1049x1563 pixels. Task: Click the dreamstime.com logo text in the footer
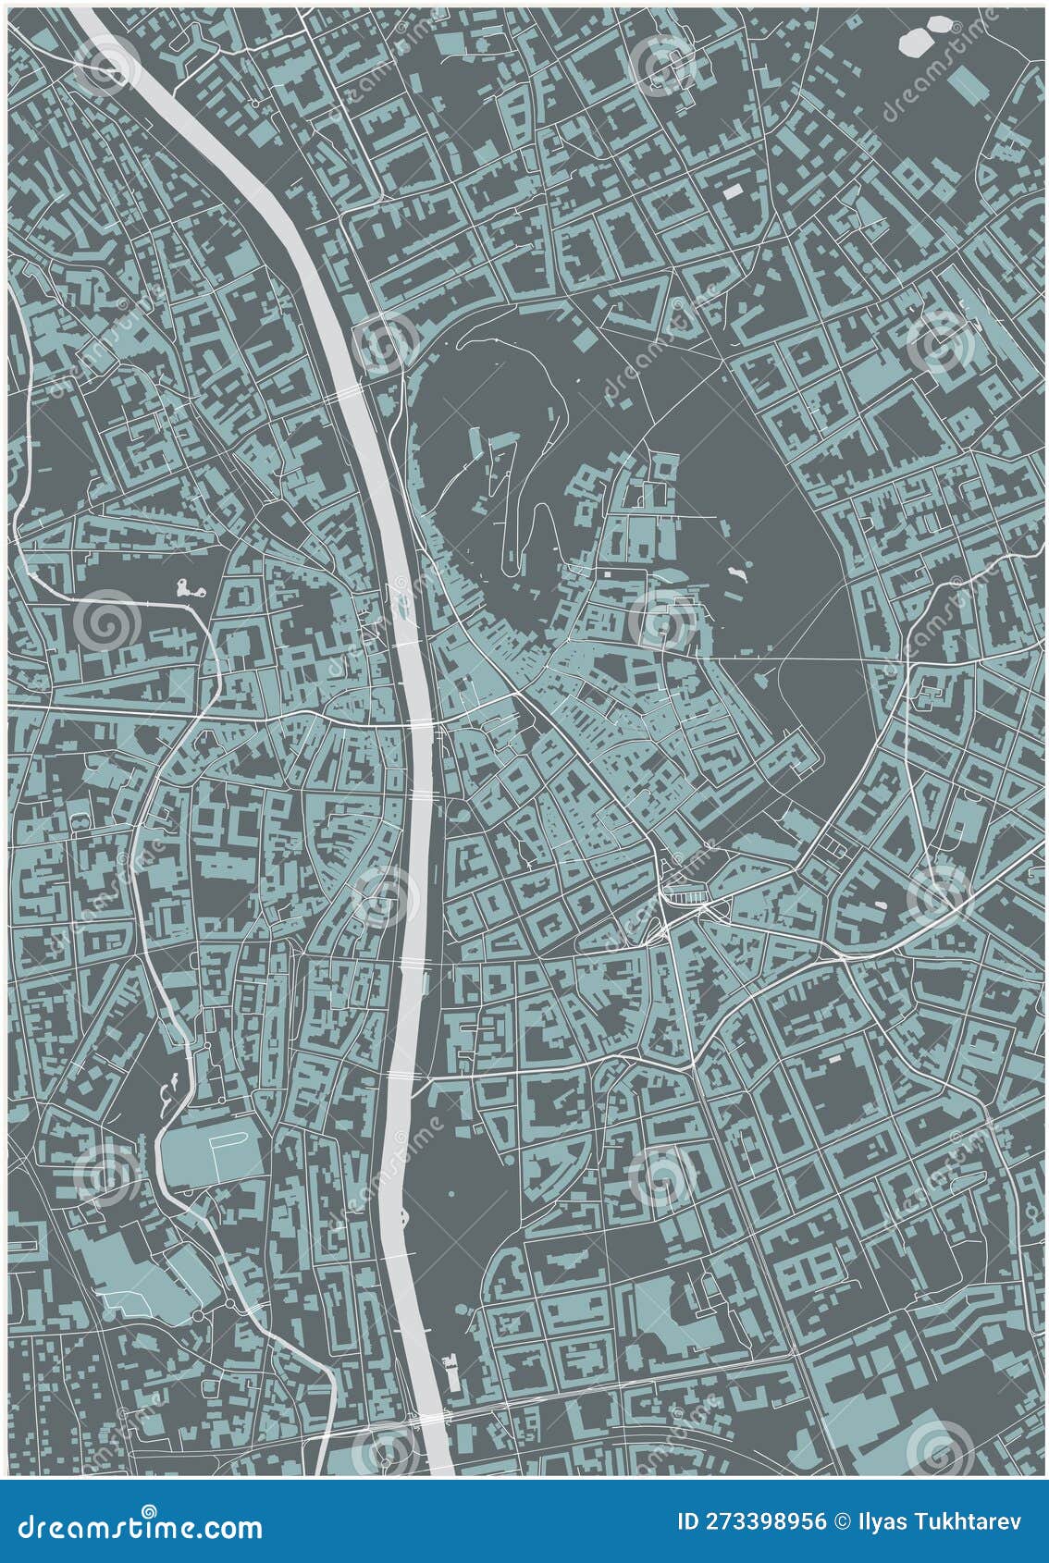tap(141, 1526)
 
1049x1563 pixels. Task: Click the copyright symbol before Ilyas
tap(843, 1522)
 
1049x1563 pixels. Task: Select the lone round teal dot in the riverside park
tap(452, 1194)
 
